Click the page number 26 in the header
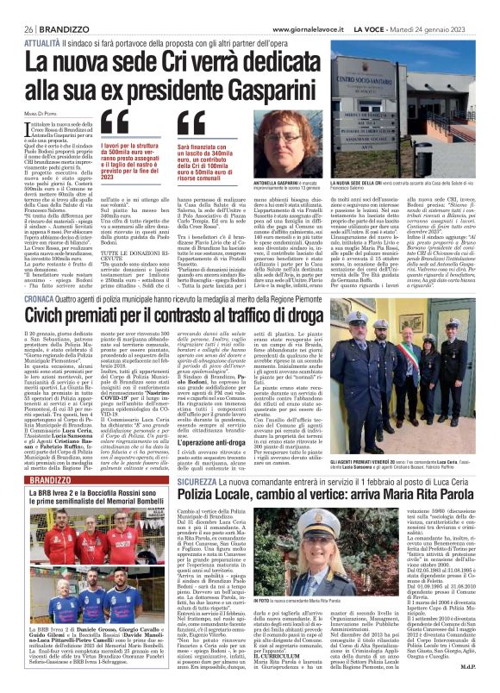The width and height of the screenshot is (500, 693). pyautogui.click(x=16, y=7)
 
